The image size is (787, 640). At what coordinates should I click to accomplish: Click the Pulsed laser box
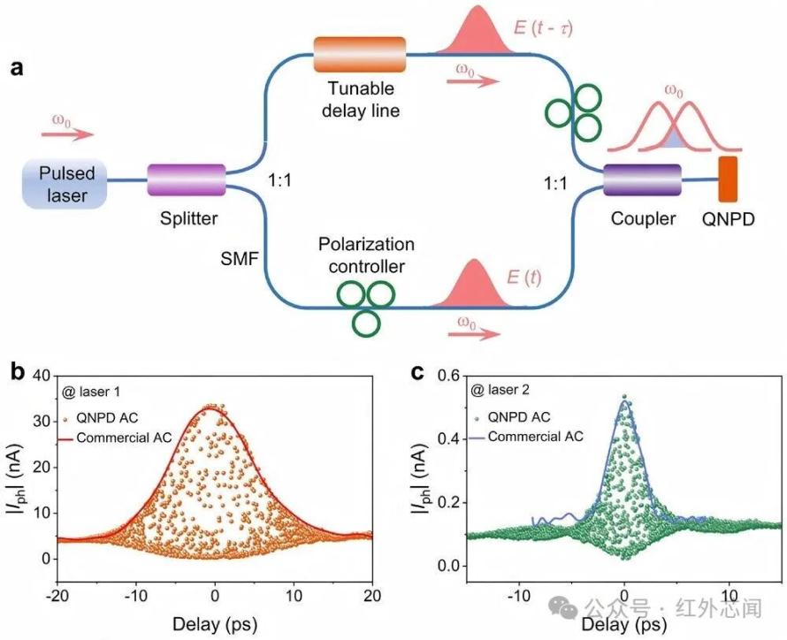(x=65, y=184)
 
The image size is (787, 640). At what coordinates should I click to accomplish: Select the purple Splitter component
(x=187, y=179)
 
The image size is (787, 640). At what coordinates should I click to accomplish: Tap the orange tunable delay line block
(x=359, y=54)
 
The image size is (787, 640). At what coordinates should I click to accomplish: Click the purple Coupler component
(x=642, y=179)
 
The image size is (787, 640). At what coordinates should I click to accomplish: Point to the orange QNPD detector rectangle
(x=728, y=179)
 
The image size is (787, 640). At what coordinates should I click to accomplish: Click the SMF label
(x=240, y=259)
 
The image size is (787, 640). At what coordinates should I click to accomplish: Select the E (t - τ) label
(x=543, y=27)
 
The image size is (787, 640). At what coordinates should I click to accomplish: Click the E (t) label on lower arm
(x=524, y=278)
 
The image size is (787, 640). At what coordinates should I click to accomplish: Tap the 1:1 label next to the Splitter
(x=279, y=180)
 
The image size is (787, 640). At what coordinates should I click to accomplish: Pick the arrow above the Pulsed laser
(x=67, y=134)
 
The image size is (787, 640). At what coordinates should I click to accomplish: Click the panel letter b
(x=18, y=372)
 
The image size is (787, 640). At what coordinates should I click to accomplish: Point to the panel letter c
(x=417, y=373)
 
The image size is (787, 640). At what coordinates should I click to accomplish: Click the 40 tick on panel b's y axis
(x=42, y=376)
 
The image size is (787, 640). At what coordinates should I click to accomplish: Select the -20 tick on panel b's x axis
(x=57, y=596)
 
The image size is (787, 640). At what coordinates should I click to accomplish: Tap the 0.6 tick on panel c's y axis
(x=450, y=376)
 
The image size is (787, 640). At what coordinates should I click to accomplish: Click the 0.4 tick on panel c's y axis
(x=450, y=438)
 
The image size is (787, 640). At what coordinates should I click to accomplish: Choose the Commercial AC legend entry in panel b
(x=117, y=438)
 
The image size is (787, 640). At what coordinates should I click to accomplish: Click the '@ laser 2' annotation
(x=500, y=390)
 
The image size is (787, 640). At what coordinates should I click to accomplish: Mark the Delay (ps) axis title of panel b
(x=215, y=624)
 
